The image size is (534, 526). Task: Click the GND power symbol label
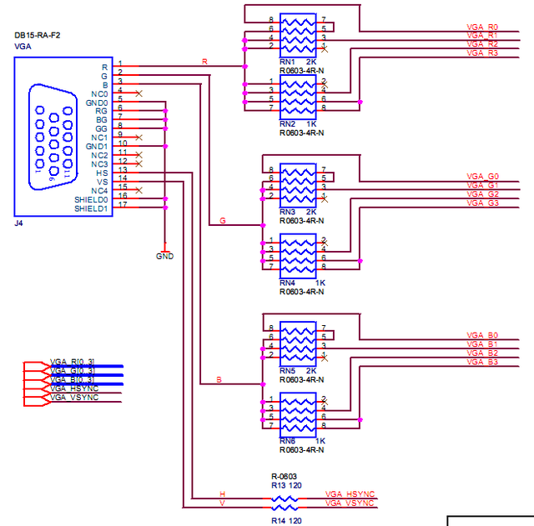(165, 256)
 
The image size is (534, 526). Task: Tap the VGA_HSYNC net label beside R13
(350, 493)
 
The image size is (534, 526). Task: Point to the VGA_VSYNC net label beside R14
(350, 503)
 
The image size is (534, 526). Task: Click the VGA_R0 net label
(482, 27)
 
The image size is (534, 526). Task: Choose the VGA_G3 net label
(482, 203)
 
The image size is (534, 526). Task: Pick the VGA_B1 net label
(482, 343)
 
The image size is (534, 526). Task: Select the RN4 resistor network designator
(288, 283)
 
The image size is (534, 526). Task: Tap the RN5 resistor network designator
(288, 370)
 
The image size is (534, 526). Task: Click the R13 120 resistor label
(285, 484)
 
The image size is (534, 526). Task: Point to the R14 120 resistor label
(285, 519)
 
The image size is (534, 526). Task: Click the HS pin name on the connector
(102, 173)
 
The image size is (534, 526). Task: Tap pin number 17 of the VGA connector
(122, 204)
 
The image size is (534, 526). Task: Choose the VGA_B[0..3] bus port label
(73, 381)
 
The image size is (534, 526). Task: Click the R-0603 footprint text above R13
(283, 476)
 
